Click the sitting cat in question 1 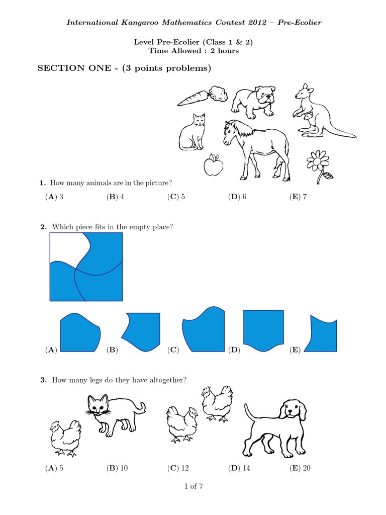[192, 132]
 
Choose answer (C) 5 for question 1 [176, 197]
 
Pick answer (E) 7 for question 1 [298, 197]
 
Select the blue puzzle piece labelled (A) [80, 332]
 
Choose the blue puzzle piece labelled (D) [263, 330]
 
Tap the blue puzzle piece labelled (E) [321, 334]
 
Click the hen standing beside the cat [65, 439]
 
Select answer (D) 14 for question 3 [239, 468]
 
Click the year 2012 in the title [257, 22]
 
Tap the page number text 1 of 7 [194, 486]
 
